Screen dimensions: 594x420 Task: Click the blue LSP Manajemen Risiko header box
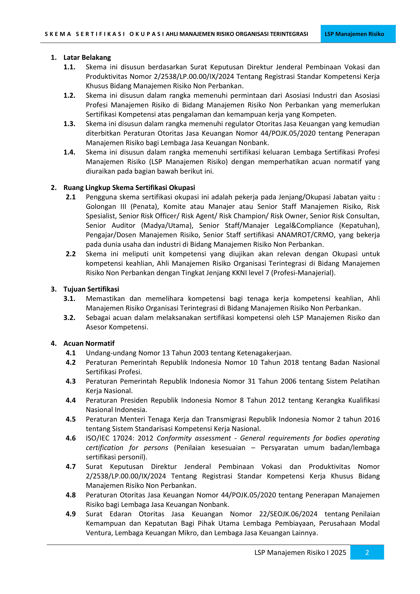tap(358, 34)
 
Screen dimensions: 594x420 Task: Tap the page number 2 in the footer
tap(367, 553)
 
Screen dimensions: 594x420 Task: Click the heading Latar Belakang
tap(87, 57)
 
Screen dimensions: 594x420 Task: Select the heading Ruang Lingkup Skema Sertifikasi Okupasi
tap(129, 188)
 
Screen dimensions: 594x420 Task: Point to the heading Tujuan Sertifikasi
tap(91, 289)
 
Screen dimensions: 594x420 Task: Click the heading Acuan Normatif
tap(89, 343)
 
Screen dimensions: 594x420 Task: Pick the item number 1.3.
tap(69, 124)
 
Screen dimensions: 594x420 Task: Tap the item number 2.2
tap(71, 254)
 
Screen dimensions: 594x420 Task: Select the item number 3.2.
tap(69, 317)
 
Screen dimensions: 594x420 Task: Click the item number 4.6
tap(71, 438)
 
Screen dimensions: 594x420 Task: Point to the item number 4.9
tap(71, 514)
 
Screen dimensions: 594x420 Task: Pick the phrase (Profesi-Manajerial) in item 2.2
tap(303, 273)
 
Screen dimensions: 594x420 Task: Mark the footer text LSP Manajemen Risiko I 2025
tap(300, 553)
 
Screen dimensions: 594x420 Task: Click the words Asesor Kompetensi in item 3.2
tap(117, 327)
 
